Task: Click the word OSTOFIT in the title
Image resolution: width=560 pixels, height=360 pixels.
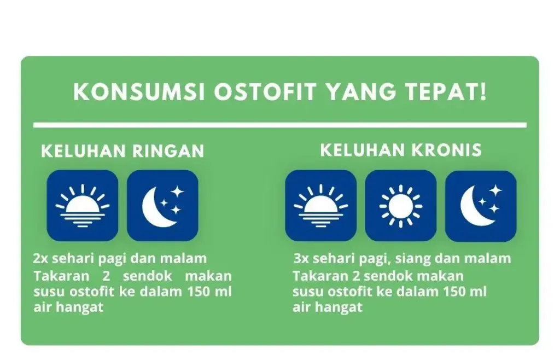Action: click(x=265, y=92)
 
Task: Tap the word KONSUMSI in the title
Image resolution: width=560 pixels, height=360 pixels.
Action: click(x=139, y=92)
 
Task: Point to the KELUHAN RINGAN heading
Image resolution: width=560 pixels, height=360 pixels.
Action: click(x=122, y=150)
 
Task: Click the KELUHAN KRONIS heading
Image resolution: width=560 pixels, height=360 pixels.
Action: click(x=401, y=150)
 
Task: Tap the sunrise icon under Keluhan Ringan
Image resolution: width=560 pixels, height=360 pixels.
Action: click(x=83, y=206)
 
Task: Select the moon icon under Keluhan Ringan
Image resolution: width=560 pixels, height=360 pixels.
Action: click(x=162, y=206)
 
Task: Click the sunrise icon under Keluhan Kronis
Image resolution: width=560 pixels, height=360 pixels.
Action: click(x=320, y=206)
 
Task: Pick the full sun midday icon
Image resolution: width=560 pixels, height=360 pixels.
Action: click(x=401, y=206)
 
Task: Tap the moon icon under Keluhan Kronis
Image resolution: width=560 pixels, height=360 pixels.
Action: click(x=481, y=206)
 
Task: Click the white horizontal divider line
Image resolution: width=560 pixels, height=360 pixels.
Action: click(x=280, y=125)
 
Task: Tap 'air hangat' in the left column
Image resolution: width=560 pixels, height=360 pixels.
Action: click(x=68, y=307)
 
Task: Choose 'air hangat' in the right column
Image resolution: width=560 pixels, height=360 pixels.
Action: click(x=328, y=307)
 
